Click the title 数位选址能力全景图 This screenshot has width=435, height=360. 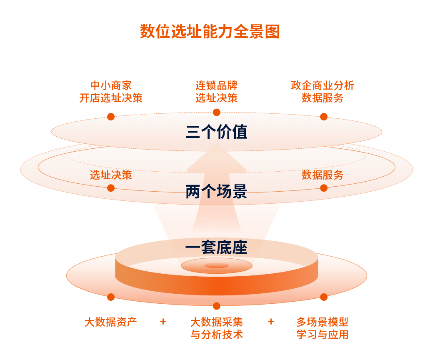[210, 31]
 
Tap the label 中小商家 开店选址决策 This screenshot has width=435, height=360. [111, 92]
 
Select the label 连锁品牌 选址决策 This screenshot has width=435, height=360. [216, 92]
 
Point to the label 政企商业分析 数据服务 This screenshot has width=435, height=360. [322, 92]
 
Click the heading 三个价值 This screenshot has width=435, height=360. [216, 132]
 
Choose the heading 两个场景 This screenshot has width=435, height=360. [216, 191]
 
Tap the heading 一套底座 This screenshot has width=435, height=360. [216, 247]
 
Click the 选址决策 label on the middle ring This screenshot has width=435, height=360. [111, 175]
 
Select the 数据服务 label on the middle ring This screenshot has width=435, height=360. [322, 175]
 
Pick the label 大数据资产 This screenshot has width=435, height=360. [111, 322]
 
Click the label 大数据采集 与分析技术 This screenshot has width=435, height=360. [216, 328]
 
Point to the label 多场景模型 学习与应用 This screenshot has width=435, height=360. [322, 328]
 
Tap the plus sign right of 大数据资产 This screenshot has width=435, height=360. [163, 322]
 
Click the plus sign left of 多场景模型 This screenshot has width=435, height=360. [271, 322]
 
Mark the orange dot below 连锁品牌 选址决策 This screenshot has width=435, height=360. [216, 112]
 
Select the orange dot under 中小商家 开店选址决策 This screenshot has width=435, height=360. [111, 117]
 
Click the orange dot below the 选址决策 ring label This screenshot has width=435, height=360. [111, 188]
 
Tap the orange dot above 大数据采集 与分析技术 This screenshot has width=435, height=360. [216, 306]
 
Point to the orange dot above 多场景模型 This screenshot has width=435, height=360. [324, 297]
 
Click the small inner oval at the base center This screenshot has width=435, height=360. [216, 266]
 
